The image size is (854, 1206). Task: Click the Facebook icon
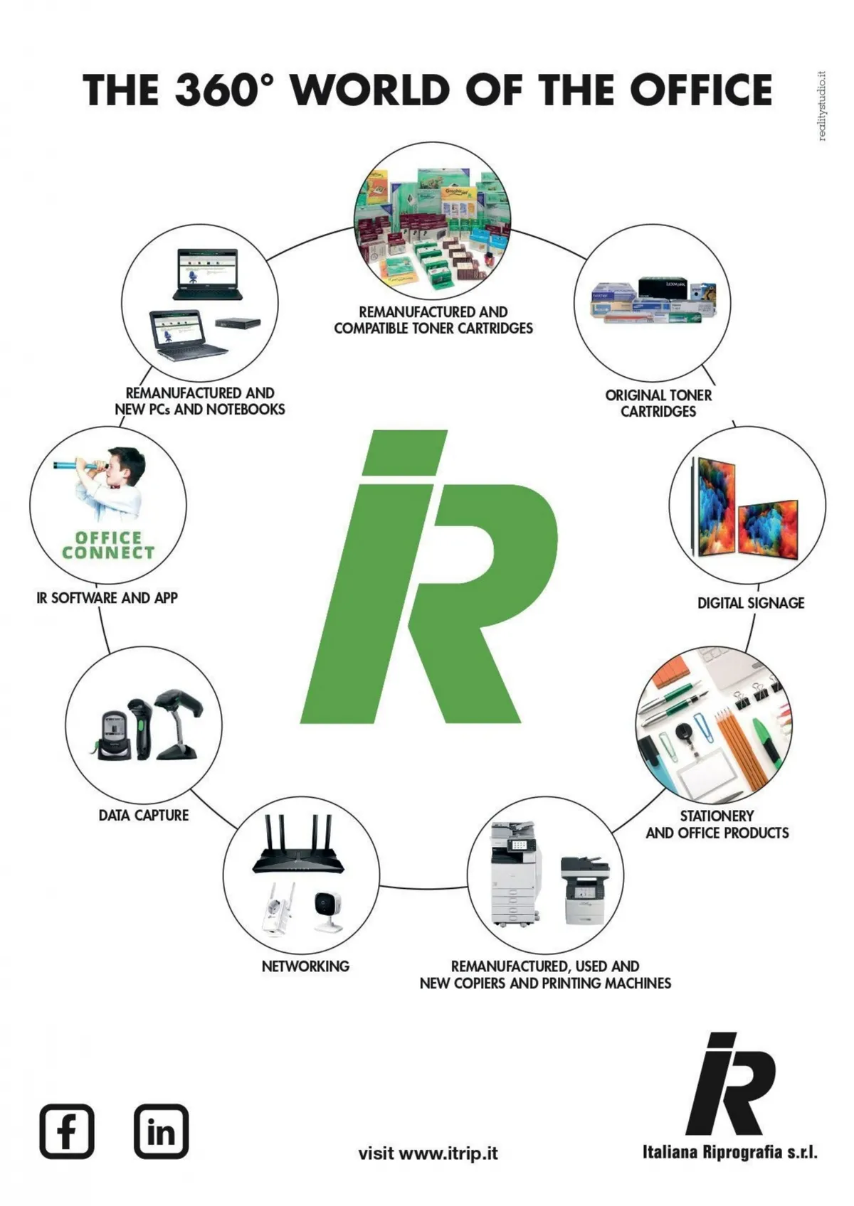pos(67,1131)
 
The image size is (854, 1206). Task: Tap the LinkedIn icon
pos(161,1131)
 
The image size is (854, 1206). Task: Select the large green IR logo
pos(429,576)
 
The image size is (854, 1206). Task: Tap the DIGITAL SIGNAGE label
pos(751,603)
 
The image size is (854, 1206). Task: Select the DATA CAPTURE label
pos(144,815)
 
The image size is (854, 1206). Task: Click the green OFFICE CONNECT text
pos(108,545)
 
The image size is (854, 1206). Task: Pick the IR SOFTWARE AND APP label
pos(107,597)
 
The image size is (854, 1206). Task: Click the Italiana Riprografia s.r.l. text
pos(730,1153)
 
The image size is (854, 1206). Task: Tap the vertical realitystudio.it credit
pos(822,105)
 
